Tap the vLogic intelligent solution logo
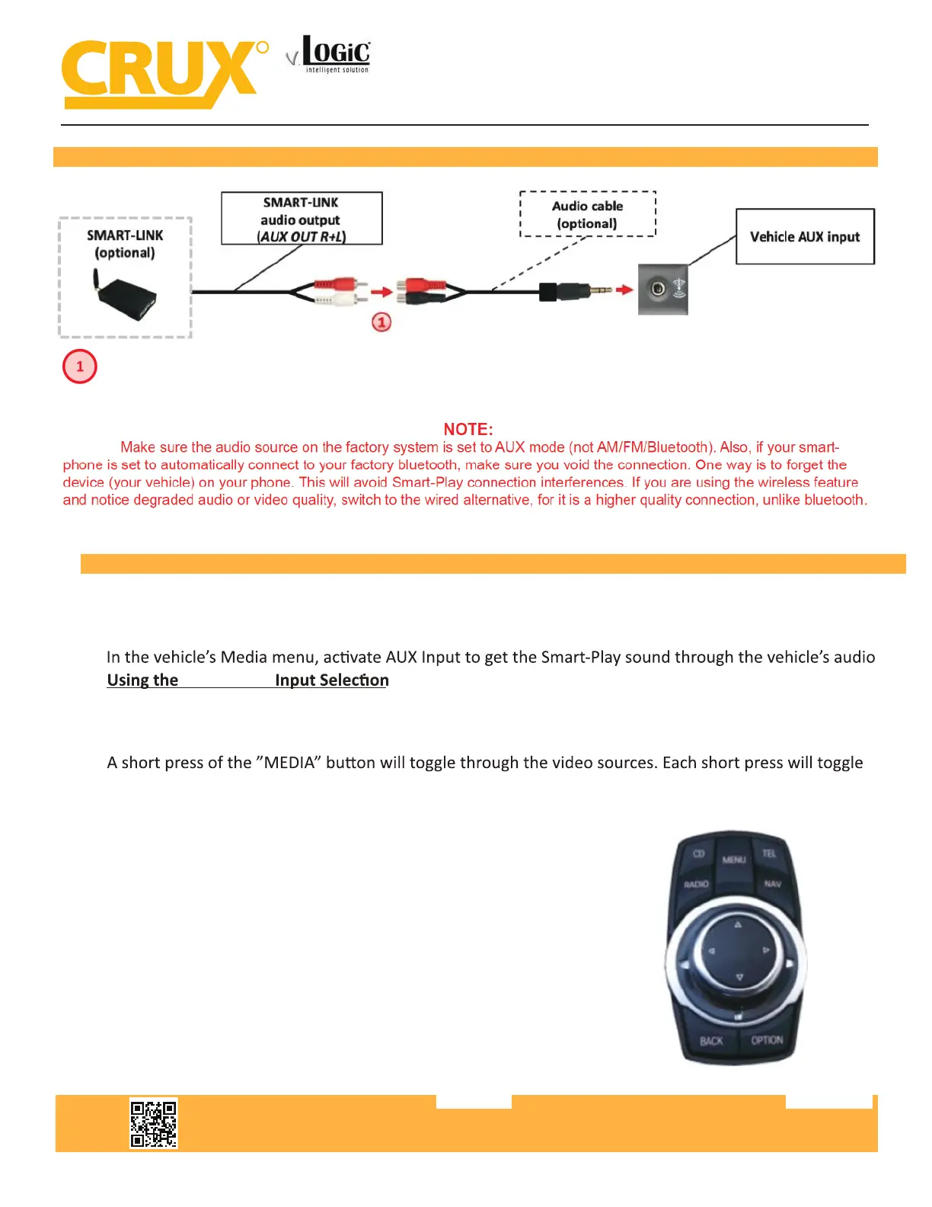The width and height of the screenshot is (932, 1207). tap(330, 55)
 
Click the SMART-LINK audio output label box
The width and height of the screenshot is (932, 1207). tap(302, 219)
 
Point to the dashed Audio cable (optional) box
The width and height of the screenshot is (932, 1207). tap(587, 214)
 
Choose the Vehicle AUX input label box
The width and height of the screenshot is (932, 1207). tap(805, 237)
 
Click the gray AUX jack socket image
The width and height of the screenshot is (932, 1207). tap(662, 289)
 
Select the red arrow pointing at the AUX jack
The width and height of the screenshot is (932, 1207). tap(624, 290)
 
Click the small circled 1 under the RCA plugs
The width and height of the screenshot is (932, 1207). tap(381, 322)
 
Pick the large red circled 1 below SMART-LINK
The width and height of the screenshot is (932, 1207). tap(80, 367)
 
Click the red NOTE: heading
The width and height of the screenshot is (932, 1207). tap(468, 430)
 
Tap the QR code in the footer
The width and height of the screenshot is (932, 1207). tap(153, 1123)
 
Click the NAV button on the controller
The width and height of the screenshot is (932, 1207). tap(772, 884)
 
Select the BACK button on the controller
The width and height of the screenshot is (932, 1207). tap(711, 1041)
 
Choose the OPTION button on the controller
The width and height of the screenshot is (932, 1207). tap(767, 1040)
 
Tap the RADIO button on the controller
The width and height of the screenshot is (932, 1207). tap(696, 885)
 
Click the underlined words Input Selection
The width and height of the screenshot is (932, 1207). tap(332, 680)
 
